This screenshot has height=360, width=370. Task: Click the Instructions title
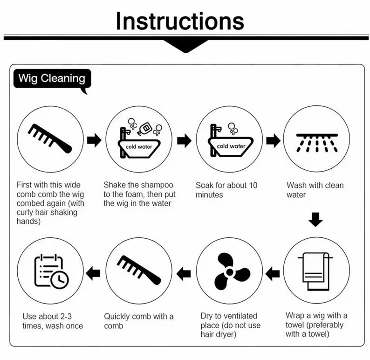[x=180, y=21]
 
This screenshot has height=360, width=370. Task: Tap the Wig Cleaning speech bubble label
[x=52, y=79]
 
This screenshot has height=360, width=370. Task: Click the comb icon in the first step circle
[x=50, y=138]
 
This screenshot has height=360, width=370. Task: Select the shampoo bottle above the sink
[x=144, y=128]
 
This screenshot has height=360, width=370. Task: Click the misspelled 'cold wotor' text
[x=139, y=147]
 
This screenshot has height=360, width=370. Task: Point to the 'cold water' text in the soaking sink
[x=231, y=146]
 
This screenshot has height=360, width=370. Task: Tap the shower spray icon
[x=317, y=143]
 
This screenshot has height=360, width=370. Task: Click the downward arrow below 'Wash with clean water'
[x=315, y=220]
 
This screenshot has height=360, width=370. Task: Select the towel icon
[x=315, y=271]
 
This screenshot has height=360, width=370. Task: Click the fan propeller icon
[x=230, y=272]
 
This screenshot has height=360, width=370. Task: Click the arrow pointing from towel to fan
[x=273, y=274]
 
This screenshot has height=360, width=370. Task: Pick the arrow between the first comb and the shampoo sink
[x=94, y=140]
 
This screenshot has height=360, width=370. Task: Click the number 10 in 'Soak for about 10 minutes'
[x=253, y=185]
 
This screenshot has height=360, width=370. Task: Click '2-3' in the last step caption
[x=66, y=316]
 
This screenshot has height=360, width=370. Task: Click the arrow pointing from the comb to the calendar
[x=93, y=273]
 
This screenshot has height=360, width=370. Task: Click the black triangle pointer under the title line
[x=186, y=46]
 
